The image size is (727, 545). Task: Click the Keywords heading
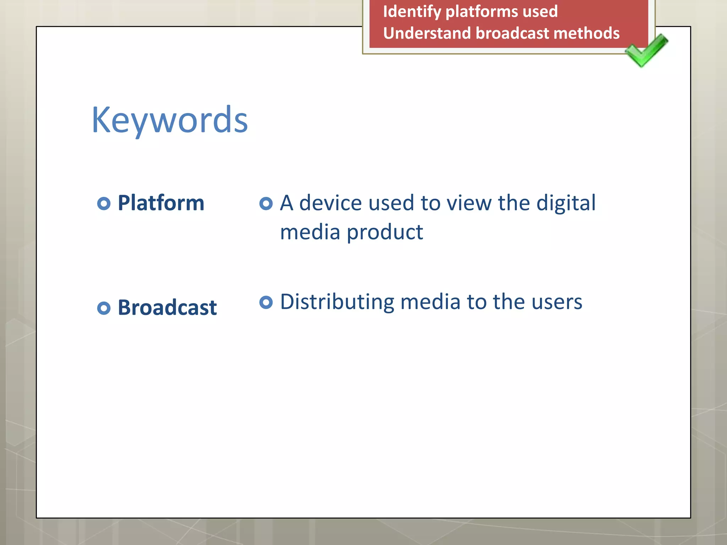coord(169,121)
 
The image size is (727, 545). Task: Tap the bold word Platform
coord(161,203)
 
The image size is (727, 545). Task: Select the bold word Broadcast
coord(167,308)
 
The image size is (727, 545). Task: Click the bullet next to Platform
coord(104,204)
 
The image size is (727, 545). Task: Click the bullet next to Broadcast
coord(104,308)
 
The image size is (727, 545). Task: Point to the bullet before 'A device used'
coord(266,204)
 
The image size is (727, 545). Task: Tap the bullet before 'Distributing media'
coord(266,302)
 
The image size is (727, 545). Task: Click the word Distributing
coord(337,302)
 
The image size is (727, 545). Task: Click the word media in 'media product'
coord(310,233)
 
